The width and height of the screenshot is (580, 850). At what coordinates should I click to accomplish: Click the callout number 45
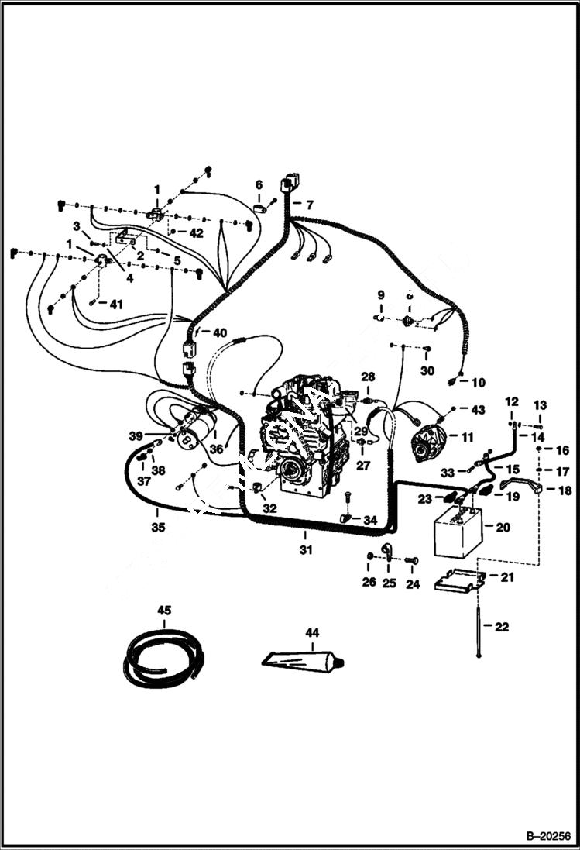coord(164,611)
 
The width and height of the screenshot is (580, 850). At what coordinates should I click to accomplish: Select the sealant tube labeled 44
coord(301,660)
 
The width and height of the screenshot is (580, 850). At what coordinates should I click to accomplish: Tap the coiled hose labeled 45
coord(163,658)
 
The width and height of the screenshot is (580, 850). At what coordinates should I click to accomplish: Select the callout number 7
coord(309,205)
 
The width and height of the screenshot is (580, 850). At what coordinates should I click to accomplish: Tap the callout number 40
coord(220,333)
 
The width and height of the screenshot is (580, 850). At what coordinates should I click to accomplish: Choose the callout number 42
coord(196,232)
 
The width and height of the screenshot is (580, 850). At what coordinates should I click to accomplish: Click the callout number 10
coord(479,382)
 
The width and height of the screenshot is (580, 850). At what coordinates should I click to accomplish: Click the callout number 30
coord(427,370)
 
